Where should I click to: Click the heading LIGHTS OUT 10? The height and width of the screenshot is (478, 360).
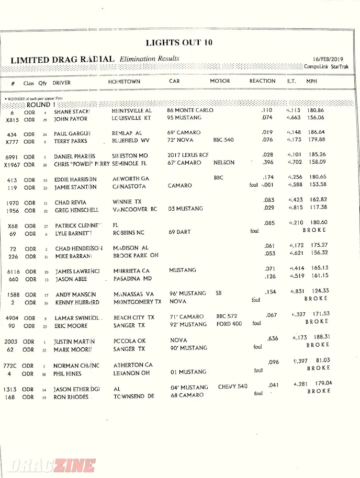178,42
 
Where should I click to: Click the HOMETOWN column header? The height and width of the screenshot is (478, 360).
124,82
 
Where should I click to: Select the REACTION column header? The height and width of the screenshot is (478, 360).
262,81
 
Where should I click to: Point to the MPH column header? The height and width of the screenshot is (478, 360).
311,81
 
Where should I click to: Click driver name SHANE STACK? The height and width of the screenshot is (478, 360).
72,111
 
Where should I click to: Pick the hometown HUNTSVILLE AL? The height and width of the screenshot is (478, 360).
131,111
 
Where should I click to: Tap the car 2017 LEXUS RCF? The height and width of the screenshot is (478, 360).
188,155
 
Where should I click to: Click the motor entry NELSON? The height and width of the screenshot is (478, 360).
224,163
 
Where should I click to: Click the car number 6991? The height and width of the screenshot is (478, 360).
12,157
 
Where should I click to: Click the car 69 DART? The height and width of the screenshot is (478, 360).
180,232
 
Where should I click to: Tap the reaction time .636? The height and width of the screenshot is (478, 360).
272,338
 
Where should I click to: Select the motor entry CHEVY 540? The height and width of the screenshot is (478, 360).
232,386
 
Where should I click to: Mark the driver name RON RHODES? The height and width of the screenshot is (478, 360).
71,397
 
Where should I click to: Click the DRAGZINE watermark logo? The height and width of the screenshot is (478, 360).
52,465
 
